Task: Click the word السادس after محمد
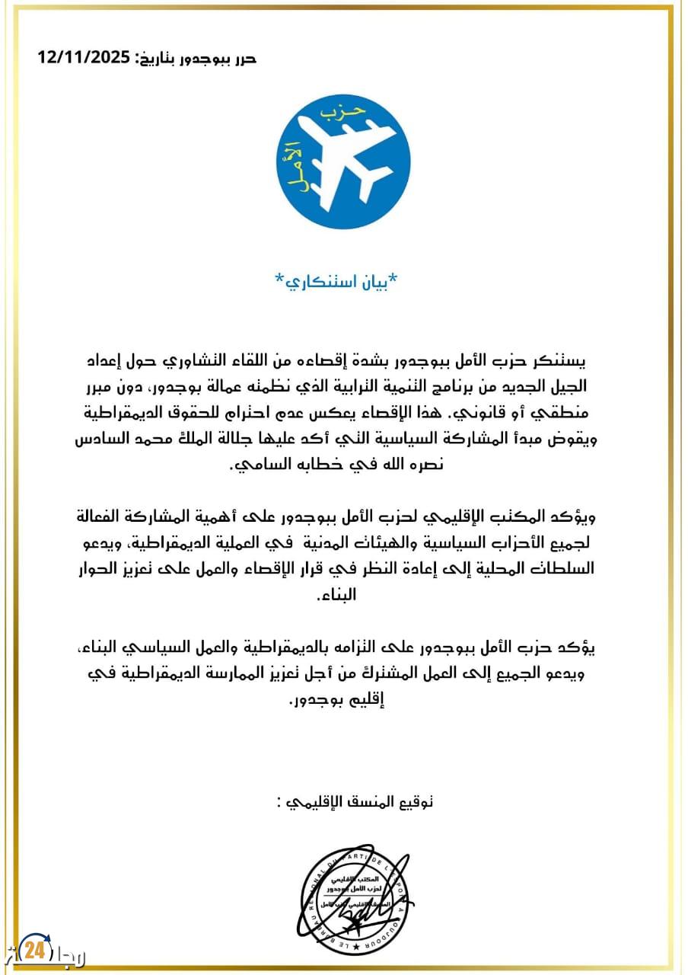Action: click(101, 440)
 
